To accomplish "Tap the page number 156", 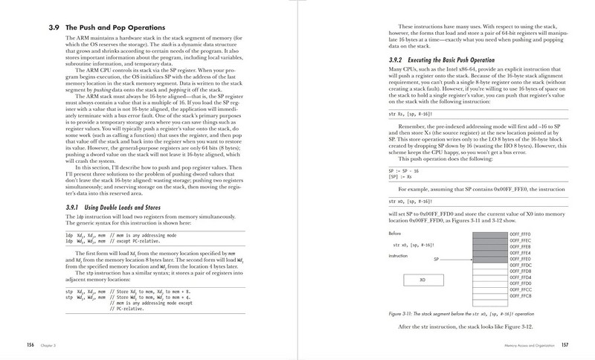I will tap(31, 344).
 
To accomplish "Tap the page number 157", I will tap(565, 344).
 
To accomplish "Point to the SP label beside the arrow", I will tap(437, 260).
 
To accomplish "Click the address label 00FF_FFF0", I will tap(520, 233).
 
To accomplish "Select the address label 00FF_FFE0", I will tap(520, 260).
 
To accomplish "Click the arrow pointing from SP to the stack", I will tap(456, 260).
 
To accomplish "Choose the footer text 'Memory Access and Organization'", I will tap(529, 344).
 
